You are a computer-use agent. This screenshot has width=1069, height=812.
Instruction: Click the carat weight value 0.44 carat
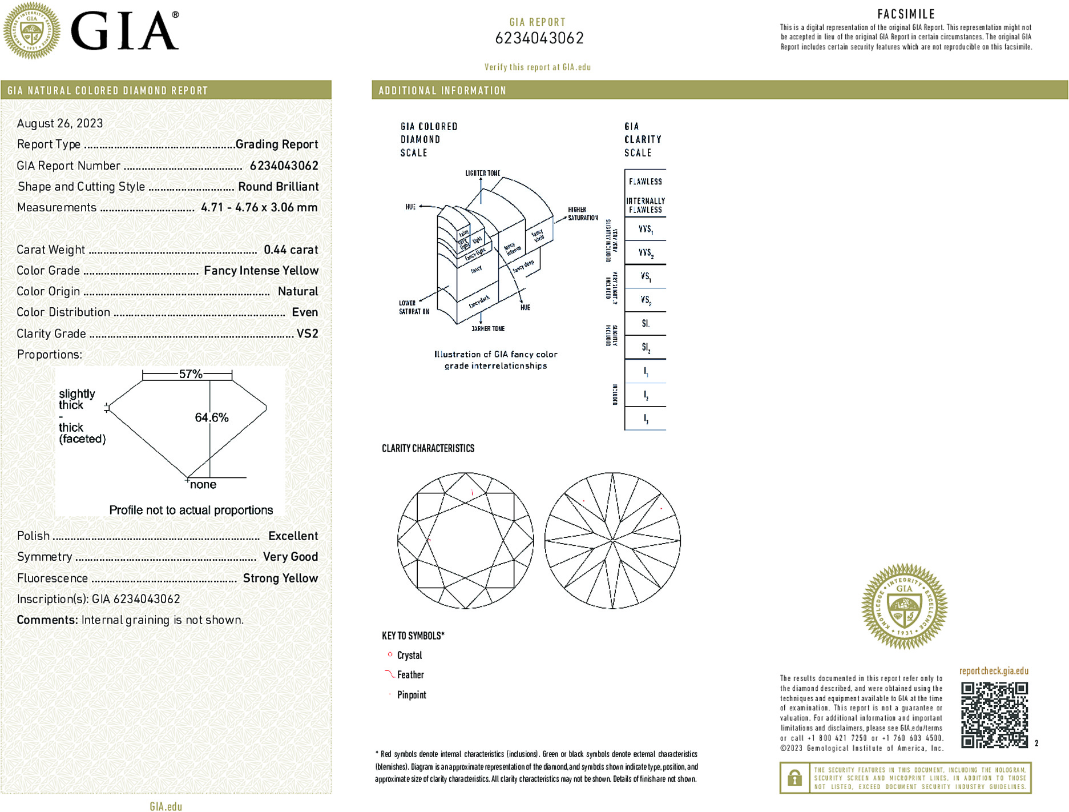(x=291, y=250)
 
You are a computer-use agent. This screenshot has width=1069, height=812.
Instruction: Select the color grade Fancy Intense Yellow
(x=261, y=271)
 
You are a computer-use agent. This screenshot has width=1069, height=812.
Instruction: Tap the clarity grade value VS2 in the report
(x=307, y=333)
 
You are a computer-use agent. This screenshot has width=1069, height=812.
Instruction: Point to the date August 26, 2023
(x=60, y=123)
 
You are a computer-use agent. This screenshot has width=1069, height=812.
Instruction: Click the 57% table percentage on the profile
(x=191, y=374)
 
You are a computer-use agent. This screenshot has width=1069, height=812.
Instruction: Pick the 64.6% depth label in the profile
(x=212, y=417)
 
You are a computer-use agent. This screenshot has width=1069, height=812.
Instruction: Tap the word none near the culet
(x=203, y=485)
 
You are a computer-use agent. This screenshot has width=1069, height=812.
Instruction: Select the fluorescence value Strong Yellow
(x=280, y=578)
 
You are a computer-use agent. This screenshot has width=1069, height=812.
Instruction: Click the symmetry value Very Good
(x=290, y=557)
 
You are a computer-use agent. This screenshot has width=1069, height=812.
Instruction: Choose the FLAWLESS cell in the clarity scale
(x=646, y=182)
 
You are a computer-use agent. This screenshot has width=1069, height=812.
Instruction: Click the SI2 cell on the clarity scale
(x=646, y=347)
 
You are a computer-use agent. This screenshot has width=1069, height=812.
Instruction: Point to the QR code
(x=994, y=715)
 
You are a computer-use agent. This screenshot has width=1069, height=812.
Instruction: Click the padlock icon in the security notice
(x=794, y=778)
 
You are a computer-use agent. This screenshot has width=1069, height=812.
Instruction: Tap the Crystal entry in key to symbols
(x=409, y=656)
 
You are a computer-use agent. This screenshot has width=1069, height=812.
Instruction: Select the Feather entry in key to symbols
(x=410, y=675)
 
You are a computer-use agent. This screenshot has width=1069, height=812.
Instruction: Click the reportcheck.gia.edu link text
(x=994, y=671)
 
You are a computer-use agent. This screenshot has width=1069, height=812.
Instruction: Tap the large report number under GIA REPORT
(x=539, y=38)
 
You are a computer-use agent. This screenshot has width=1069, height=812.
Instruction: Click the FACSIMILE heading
(x=906, y=14)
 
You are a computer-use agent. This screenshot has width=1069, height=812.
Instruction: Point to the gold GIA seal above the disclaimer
(x=904, y=606)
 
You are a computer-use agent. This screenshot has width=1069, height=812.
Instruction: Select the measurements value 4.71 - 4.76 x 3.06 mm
(x=259, y=207)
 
